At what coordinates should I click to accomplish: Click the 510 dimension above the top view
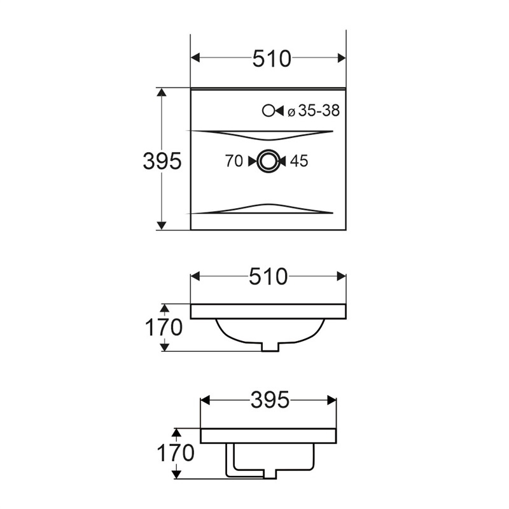(x=272, y=59)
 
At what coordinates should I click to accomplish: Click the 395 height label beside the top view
(x=162, y=161)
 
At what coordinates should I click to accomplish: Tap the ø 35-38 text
(x=314, y=111)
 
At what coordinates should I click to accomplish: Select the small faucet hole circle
(x=268, y=111)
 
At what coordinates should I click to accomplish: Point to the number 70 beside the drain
(x=234, y=161)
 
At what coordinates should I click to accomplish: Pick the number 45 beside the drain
(x=299, y=161)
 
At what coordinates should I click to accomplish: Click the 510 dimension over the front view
(x=268, y=277)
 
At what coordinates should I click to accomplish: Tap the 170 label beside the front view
(x=164, y=327)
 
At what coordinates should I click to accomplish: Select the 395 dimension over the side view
(x=270, y=400)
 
